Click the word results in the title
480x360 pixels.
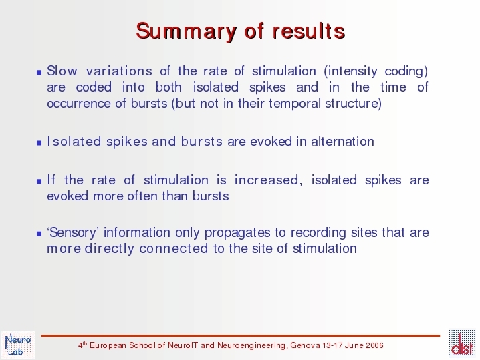click(x=309, y=31)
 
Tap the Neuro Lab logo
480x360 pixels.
click(x=18, y=345)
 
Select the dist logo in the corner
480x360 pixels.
click(x=462, y=344)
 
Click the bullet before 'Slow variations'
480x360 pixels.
click(x=39, y=73)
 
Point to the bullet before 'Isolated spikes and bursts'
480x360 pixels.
click(x=39, y=142)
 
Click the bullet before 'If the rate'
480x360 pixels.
click(x=39, y=181)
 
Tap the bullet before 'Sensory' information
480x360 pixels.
click(x=39, y=234)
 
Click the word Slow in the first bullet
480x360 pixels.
click(x=62, y=71)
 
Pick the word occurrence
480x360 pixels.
click(x=79, y=104)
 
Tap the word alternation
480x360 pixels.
click(x=342, y=142)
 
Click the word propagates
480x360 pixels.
click(x=237, y=233)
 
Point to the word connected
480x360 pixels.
click(x=174, y=248)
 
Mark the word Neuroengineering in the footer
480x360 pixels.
click(x=252, y=345)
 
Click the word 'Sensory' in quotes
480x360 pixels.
click(x=73, y=233)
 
